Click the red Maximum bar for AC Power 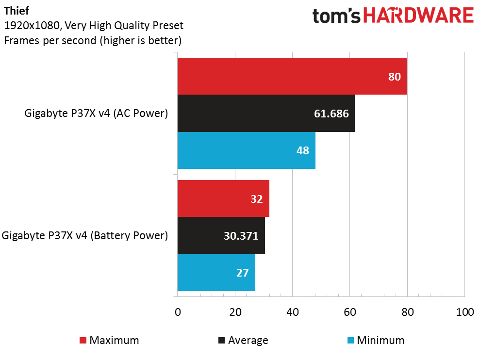(x=292, y=76)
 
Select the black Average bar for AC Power (x=266, y=113)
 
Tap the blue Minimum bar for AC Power (x=247, y=150)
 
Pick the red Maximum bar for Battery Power (x=223, y=198)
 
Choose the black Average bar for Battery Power (x=221, y=235)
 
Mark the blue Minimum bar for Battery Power (x=216, y=273)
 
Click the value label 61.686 (x=331, y=114)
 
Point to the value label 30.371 (x=241, y=236)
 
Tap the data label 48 (x=303, y=150)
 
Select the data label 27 (x=243, y=273)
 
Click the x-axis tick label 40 (x=293, y=312)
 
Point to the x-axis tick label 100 (x=464, y=312)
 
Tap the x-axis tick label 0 (x=178, y=312)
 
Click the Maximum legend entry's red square (x=83, y=340)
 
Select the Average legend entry (x=243, y=340)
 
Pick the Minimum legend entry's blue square (x=351, y=340)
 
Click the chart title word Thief (x=17, y=11)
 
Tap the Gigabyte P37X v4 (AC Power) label (x=96, y=113)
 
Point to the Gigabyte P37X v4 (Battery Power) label (x=85, y=235)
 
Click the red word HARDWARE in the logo (x=418, y=16)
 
